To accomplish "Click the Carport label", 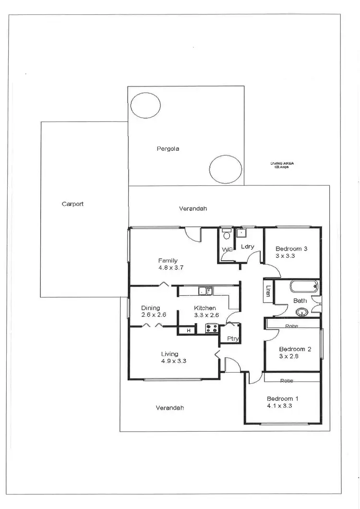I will [72, 204].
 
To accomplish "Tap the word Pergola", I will [168, 149].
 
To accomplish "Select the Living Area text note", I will [282, 165].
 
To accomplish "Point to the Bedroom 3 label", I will [291, 249].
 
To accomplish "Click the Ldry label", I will [247, 247].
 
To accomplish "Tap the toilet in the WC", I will [227, 236].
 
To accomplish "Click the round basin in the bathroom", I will [301, 313].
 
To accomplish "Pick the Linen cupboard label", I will [267, 292].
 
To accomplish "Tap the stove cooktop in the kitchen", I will [212, 329].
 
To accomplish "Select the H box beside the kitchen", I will [189, 330].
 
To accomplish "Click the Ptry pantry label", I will [233, 339].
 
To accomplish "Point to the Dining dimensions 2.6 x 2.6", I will [154, 315].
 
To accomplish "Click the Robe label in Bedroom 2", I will [292, 326].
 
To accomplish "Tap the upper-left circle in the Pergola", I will [145, 105].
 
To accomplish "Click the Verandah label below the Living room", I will [170, 408].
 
